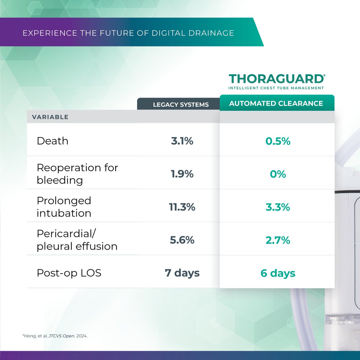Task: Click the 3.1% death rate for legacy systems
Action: [x=182, y=141]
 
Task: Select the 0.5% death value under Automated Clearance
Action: [x=278, y=141]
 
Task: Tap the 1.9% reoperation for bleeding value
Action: [x=182, y=174]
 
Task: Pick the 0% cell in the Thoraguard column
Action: [x=278, y=174]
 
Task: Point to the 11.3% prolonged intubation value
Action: [x=182, y=207]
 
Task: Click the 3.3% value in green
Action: [x=278, y=207]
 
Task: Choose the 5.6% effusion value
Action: [x=182, y=240]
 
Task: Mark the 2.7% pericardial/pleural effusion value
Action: [x=278, y=240]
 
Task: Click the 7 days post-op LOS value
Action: [x=182, y=273]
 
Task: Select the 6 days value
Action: [x=278, y=273]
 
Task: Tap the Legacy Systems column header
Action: [x=181, y=105]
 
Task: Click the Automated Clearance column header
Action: [x=276, y=103]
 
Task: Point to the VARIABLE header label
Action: [x=50, y=117]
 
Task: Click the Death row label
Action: [x=52, y=141]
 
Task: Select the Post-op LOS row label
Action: [x=69, y=273]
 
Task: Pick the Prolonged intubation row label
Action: [x=64, y=207]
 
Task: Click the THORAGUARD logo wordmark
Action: [x=276, y=79]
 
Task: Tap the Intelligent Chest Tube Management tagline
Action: [x=276, y=88]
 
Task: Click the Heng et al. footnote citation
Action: [x=55, y=336]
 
